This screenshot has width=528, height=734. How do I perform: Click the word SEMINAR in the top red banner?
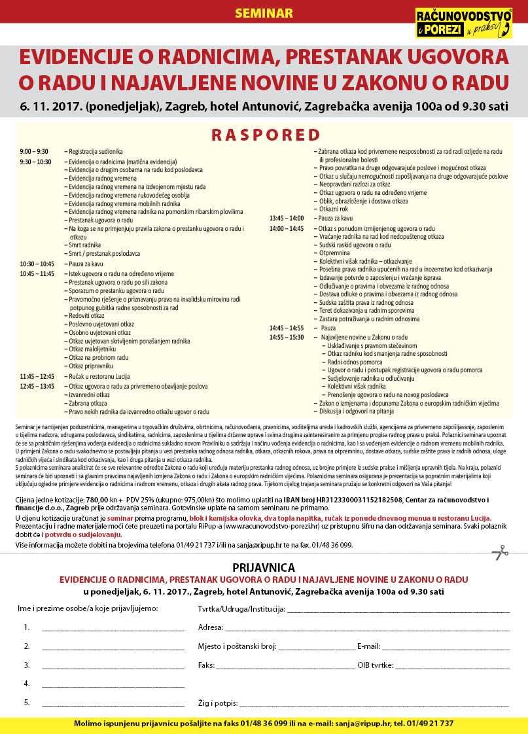pyautogui.click(x=264, y=13)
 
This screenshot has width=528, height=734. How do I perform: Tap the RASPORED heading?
pyautogui.click(x=264, y=135)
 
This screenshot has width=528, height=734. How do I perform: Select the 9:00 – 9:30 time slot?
pyautogui.click(x=34, y=152)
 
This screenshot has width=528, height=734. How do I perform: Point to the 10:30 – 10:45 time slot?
pyautogui.click(x=36, y=264)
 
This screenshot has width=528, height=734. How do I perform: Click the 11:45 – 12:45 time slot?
pyautogui.click(x=36, y=377)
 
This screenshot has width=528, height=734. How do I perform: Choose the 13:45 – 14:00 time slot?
pyautogui.click(x=287, y=218)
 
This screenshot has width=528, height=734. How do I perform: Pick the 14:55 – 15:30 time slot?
pyautogui.click(x=287, y=337)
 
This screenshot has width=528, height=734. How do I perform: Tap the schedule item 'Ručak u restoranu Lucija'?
pyautogui.click(x=99, y=377)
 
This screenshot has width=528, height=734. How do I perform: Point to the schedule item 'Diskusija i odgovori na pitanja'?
pyautogui.click(x=357, y=412)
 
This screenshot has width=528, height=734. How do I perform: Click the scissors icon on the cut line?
pyautogui.click(x=500, y=553)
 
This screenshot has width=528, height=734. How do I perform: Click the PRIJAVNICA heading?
pyautogui.click(x=264, y=567)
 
